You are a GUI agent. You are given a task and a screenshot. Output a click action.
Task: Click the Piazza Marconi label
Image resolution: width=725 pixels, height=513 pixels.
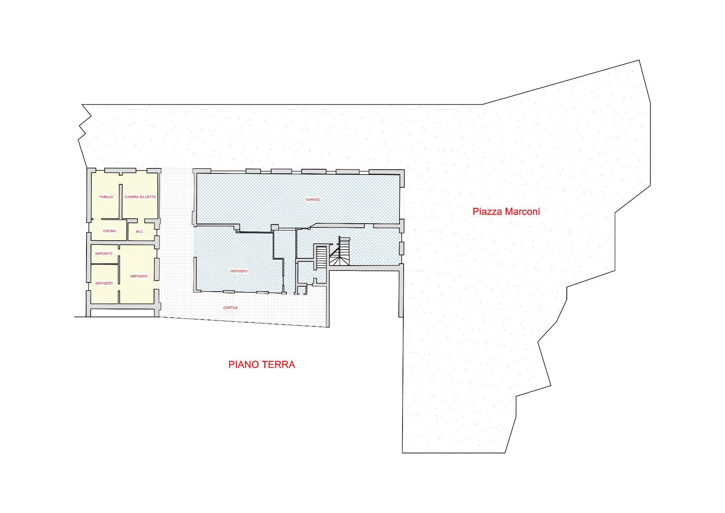click(506, 212)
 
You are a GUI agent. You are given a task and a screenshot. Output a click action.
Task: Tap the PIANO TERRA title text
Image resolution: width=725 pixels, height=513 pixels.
click(262, 365)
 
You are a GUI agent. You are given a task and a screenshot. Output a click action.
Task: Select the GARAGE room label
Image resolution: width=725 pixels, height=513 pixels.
click(313, 199)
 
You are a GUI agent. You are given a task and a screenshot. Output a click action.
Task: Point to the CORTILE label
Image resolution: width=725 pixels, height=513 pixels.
click(230, 308)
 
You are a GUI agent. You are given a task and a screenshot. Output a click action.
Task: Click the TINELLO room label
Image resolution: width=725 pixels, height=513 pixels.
click(106, 197)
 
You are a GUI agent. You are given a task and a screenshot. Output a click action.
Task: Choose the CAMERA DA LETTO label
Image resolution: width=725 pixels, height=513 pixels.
click(140, 197)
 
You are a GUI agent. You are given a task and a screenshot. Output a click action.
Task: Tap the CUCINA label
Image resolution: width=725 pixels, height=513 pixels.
click(110, 231)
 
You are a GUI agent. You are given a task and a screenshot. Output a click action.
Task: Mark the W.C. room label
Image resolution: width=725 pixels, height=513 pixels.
click(139, 232)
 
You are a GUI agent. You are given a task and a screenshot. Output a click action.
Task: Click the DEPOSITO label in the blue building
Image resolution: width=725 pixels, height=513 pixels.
click(239, 271)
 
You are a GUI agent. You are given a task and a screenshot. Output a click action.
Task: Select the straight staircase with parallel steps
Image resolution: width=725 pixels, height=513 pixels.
click(321, 257)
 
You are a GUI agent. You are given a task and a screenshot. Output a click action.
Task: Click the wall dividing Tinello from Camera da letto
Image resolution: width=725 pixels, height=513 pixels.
click(121, 201)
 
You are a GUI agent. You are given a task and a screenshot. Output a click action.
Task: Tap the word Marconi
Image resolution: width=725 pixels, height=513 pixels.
click(523, 212)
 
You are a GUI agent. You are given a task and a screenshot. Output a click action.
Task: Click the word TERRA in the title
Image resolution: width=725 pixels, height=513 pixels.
click(279, 365)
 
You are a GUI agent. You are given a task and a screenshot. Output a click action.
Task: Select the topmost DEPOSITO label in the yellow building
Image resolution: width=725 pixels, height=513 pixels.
click(104, 253)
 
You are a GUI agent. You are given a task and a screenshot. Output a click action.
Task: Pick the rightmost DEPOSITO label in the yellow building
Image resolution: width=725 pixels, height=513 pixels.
click(139, 276)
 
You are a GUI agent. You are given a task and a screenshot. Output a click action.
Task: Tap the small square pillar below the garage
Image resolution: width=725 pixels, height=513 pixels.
click(275, 227)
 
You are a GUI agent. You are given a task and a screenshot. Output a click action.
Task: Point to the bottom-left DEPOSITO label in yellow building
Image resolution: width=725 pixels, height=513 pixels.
click(104, 283)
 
